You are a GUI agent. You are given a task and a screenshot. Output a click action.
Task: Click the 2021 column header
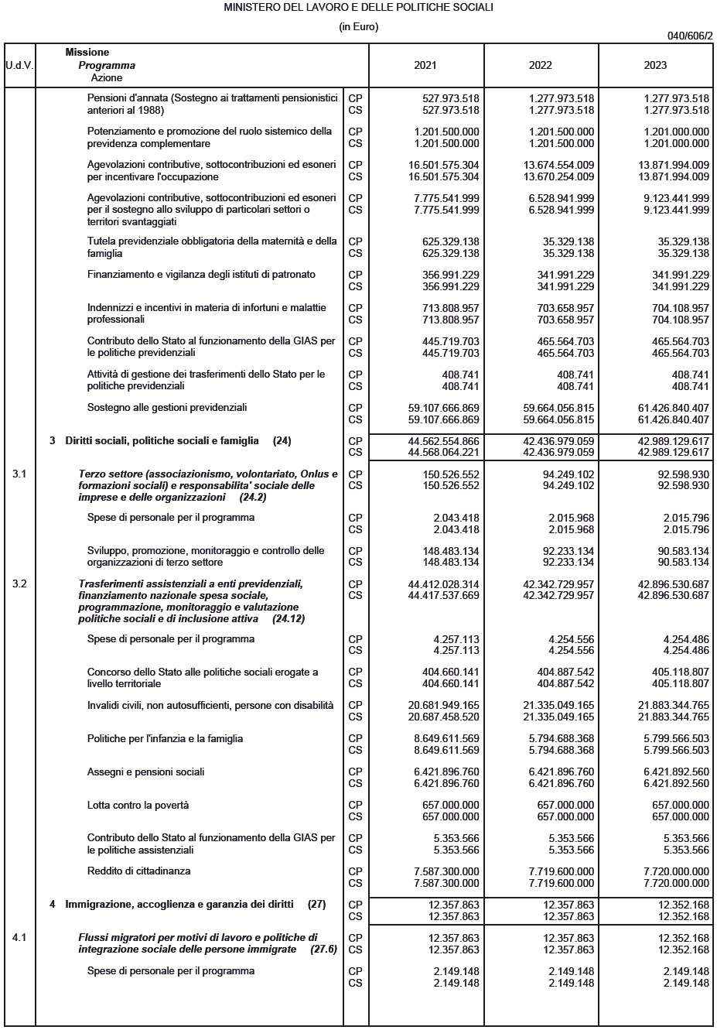[x=425, y=65]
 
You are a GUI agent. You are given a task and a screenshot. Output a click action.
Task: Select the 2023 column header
[x=655, y=65]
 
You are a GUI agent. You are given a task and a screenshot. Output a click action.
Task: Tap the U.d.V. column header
[x=19, y=65]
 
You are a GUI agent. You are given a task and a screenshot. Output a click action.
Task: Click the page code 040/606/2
[x=690, y=36]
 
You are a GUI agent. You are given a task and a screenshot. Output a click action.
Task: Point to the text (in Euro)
[x=358, y=26]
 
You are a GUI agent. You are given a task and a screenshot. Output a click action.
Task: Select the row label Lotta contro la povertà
[x=138, y=805]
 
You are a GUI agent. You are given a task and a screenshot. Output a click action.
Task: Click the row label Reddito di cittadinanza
[x=138, y=871]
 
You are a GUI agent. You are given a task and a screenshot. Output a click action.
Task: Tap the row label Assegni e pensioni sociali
[x=145, y=772]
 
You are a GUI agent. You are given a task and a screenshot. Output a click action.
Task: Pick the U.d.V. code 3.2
[x=19, y=583]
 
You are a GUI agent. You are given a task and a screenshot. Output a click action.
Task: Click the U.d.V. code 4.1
[x=19, y=937]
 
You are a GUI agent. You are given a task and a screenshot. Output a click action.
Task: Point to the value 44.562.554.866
[x=442, y=440]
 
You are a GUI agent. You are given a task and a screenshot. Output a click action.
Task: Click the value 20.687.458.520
[x=443, y=717]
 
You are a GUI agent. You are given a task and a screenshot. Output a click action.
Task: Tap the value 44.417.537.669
[x=442, y=595]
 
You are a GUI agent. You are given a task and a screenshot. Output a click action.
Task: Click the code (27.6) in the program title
[x=323, y=949]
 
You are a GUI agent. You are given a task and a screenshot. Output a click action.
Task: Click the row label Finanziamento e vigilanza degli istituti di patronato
[x=201, y=274]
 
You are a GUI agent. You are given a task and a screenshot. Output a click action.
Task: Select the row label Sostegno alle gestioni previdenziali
[x=167, y=407]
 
